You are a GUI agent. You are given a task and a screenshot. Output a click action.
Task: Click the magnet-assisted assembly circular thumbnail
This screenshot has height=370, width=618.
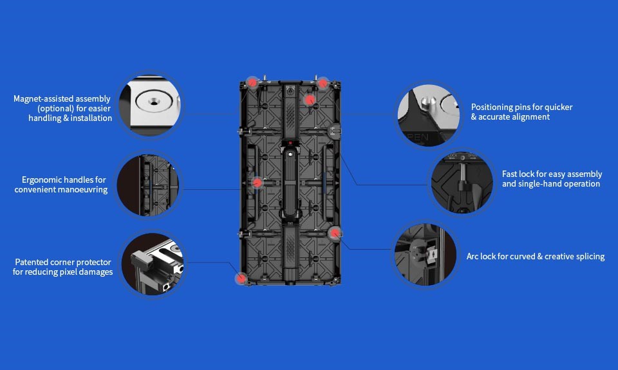coord(150,106)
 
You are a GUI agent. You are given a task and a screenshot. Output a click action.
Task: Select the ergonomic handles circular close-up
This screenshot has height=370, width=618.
coord(148,185)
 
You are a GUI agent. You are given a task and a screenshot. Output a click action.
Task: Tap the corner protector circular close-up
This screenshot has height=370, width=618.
coord(153,264)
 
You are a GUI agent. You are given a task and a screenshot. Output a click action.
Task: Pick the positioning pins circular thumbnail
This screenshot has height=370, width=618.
coord(429,115)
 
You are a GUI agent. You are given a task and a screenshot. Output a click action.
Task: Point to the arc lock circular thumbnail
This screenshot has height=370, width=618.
coord(426,255)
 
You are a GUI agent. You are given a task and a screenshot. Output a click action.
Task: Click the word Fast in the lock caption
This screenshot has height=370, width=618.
coord(509,174)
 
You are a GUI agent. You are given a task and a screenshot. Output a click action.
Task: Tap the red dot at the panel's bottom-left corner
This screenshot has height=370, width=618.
coord(241,279)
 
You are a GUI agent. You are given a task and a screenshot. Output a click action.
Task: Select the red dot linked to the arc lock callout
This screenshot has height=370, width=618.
coord(335,233)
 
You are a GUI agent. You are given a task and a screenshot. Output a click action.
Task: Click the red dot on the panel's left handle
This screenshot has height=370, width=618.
coord(257,183)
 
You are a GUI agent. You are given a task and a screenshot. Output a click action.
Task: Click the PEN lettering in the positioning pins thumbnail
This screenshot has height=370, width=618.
coord(418,138)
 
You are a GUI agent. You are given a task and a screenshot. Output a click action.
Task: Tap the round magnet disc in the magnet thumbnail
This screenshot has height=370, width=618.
coord(154,102)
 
